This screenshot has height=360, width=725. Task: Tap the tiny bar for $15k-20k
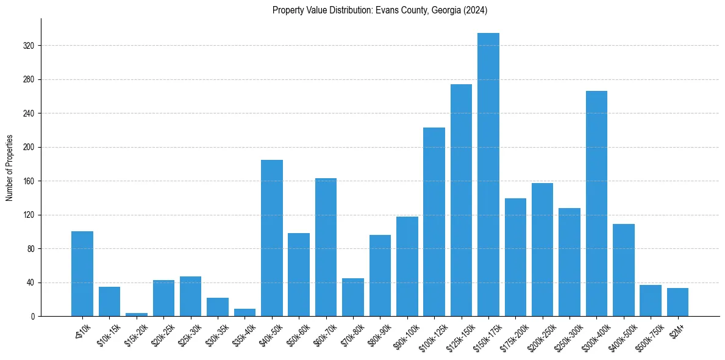(137, 314)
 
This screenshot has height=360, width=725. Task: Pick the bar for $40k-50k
(272, 238)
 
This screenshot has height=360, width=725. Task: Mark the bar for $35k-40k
(245, 312)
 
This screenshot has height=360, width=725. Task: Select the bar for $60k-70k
(326, 247)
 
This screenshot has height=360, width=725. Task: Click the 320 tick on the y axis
(29, 46)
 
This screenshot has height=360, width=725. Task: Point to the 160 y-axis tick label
(29, 181)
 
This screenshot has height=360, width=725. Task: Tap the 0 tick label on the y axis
(33, 317)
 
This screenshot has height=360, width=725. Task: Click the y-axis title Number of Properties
(10, 167)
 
